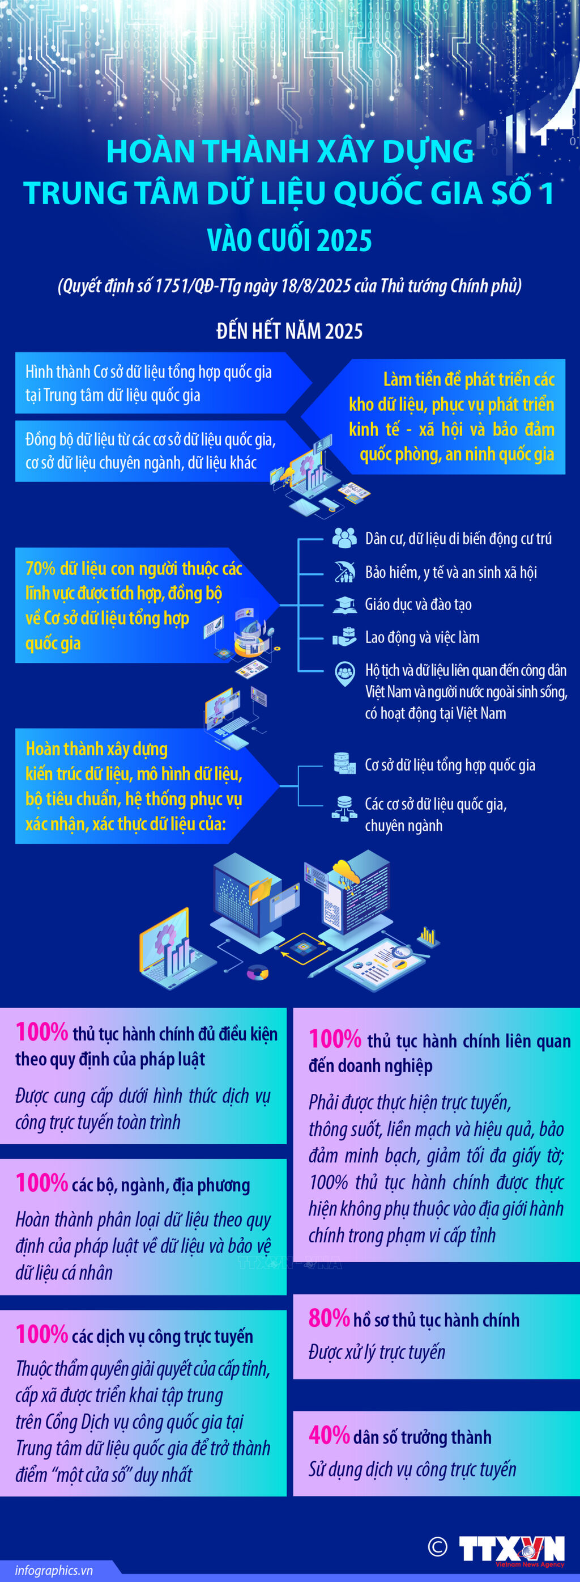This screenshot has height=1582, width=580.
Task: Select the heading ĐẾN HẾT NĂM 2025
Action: tap(289, 331)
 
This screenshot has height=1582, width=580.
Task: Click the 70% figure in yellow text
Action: tap(41, 569)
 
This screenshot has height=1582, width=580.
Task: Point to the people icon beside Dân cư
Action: tap(344, 538)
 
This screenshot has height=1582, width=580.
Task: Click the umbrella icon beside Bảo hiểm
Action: tap(344, 572)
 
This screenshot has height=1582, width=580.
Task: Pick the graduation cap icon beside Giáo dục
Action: tap(344, 604)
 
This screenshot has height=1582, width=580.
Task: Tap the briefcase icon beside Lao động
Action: tap(344, 637)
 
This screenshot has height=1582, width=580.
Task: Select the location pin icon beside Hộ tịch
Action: tap(344, 673)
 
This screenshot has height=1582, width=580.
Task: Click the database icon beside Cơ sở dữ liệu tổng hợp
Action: tap(344, 763)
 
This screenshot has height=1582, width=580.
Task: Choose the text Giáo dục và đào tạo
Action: tap(418, 604)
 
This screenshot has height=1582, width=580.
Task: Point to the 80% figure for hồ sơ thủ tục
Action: tap(329, 1318)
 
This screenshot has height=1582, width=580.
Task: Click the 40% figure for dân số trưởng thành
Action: tap(329, 1435)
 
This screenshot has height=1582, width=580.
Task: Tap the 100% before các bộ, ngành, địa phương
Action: tap(42, 1183)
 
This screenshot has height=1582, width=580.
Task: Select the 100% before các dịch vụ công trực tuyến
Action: tap(42, 1335)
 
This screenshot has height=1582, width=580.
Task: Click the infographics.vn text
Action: tap(54, 1570)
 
